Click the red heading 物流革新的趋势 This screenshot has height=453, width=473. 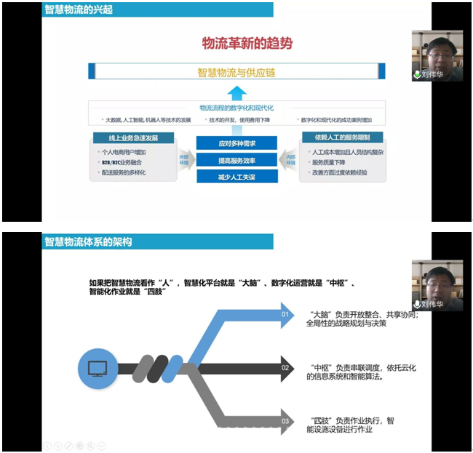(x=247, y=43)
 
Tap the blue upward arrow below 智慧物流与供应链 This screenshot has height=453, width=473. (x=236, y=92)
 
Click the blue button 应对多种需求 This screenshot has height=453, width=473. (x=236, y=143)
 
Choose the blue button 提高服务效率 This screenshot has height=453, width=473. (x=236, y=160)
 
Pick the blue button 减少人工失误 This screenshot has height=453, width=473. (x=236, y=177)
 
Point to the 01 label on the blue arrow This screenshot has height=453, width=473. (x=286, y=315)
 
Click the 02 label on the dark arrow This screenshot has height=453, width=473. (x=286, y=369)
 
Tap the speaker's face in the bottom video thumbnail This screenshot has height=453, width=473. (x=437, y=277)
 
